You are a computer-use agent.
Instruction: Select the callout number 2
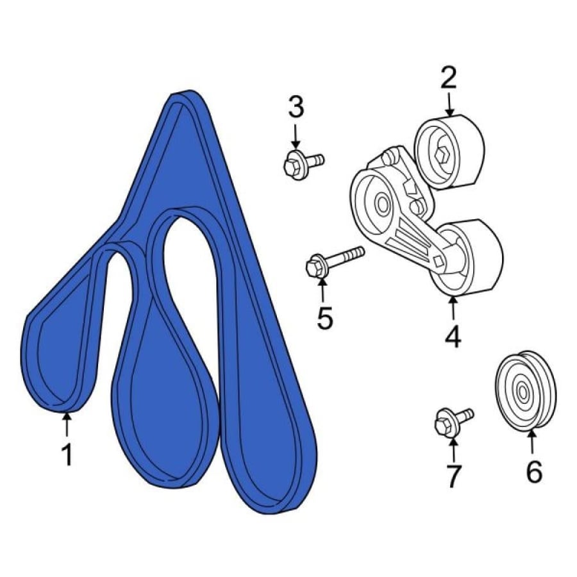click(449, 78)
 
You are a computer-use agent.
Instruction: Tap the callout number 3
click(296, 106)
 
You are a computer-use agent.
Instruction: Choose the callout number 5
click(325, 317)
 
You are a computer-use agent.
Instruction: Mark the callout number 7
click(453, 476)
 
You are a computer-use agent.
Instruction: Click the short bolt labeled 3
click(303, 163)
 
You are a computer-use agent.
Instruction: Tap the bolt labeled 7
click(453, 420)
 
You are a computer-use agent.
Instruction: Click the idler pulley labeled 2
click(449, 152)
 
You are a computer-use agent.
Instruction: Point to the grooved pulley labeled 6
click(526, 391)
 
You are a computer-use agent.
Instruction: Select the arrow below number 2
click(449, 105)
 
